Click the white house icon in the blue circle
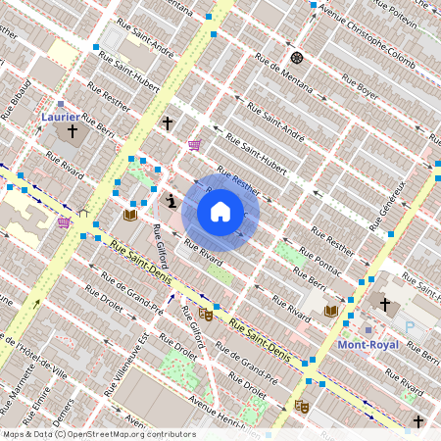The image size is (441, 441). pos(220,212)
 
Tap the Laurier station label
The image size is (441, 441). pos(61,117)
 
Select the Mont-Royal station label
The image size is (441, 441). pos(367,345)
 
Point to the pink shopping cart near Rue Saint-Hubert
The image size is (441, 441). pos(194,145)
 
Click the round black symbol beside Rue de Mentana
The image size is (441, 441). pos(297,58)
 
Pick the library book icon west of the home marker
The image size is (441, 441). pos(129,215)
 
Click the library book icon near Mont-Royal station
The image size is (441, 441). pos(331,311)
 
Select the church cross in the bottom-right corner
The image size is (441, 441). pos(418,420)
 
